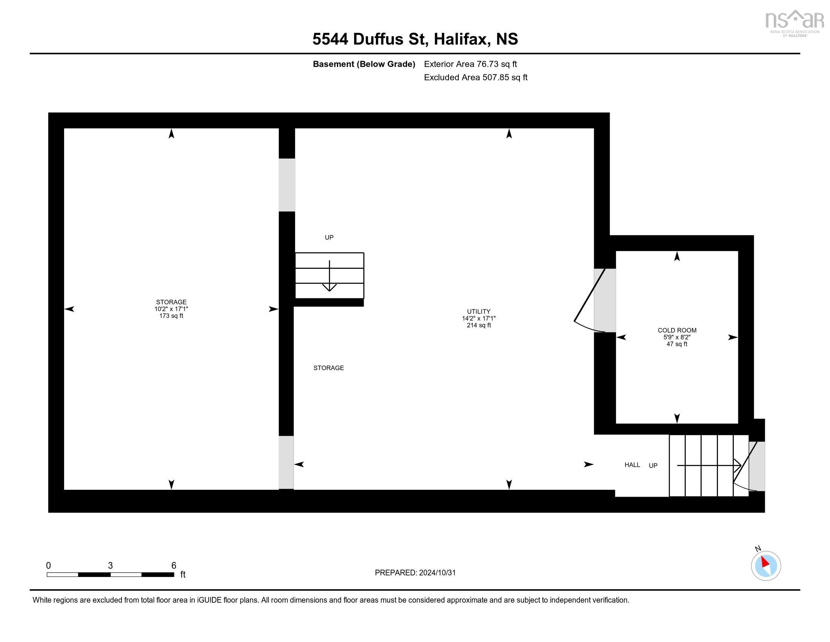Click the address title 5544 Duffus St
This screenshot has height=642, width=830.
pyautogui.click(x=415, y=39)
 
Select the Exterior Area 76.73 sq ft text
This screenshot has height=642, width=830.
pyautogui.click(x=470, y=64)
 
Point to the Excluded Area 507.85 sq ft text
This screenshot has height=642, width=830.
pyautogui.click(x=475, y=77)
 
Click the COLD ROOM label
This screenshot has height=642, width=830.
pyautogui.click(x=676, y=330)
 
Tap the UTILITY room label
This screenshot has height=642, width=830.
pyautogui.click(x=478, y=311)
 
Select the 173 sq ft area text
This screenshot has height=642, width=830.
pyautogui.click(x=171, y=316)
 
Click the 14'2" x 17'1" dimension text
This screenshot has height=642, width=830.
pyautogui.click(x=478, y=318)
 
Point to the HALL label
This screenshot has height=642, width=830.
pyautogui.click(x=632, y=465)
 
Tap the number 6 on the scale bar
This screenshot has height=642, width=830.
pyautogui.click(x=174, y=566)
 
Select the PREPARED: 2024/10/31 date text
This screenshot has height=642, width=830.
pyautogui.click(x=415, y=573)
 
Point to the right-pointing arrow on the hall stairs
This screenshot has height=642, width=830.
pyautogui.click(x=709, y=465)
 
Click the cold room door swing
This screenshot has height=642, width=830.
pyautogui.click(x=589, y=304)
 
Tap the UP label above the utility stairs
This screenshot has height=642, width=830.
pyautogui.click(x=329, y=237)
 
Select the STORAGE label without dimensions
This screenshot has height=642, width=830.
pyautogui.click(x=328, y=368)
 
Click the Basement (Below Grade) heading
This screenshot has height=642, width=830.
pyautogui.click(x=364, y=64)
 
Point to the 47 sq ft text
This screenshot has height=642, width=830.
pyautogui.click(x=676, y=344)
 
